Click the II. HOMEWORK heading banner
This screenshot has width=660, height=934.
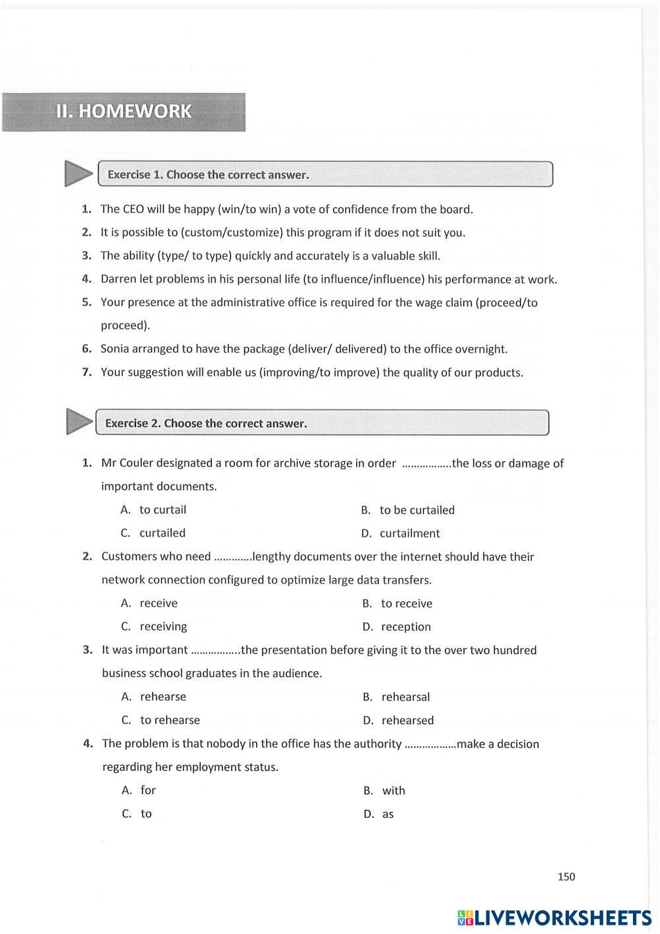pyautogui.click(x=123, y=112)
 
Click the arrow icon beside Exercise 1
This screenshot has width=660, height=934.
pyautogui.click(x=79, y=174)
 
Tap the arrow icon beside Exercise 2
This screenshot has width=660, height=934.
pyautogui.click(x=79, y=422)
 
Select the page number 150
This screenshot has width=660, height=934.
pyautogui.click(x=566, y=877)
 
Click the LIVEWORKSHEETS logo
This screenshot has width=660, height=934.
pyautogui.click(x=554, y=917)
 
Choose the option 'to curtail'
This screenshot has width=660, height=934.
pyautogui.click(x=162, y=510)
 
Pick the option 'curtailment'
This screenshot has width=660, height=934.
pyautogui.click(x=409, y=533)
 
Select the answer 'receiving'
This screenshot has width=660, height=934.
pyautogui.click(x=163, y=626)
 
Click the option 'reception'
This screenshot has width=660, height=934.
pyautogui.click(x=405, y=627)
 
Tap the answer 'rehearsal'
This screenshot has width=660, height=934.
pyautogui.click(x=405, y=697)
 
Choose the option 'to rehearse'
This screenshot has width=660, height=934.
pyautogui.click(x=170, y=720)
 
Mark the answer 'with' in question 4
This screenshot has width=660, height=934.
pyautogui.click(x=393, y=791)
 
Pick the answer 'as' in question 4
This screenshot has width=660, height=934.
pyautogui.click(x=387, y=815)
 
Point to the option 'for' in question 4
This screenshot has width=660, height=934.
pyautogui.click(x=148, y=790)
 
